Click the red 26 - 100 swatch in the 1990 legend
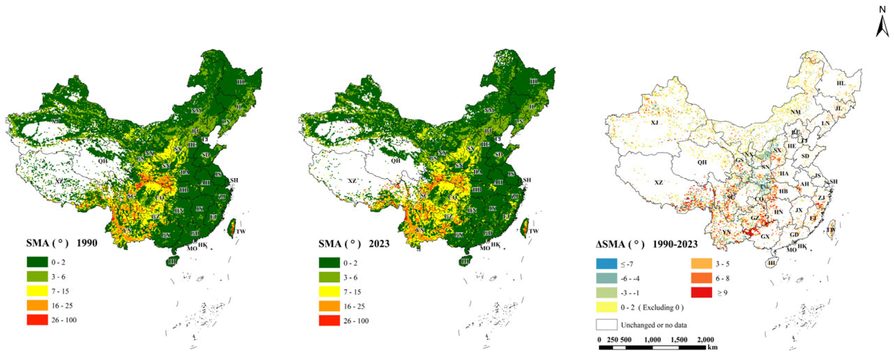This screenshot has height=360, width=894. [x=37, y=320]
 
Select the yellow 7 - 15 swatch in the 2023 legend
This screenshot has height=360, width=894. [x=329, y=292]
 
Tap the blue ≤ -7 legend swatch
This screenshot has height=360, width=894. [x=606, y=264]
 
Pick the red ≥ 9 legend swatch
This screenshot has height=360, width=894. [x=701, y=293]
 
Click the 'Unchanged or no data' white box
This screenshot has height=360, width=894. [x=606, y=325]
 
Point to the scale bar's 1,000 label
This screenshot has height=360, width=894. [x=652, y=340]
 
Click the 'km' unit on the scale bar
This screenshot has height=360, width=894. [x=712, y=347]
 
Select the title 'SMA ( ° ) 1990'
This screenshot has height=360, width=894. [x=61, y=243]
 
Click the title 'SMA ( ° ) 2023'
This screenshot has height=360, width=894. [x=354, y=244]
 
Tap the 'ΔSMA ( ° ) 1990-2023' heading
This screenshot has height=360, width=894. [x=646, y=244]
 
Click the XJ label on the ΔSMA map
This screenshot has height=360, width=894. [x=654, y=123]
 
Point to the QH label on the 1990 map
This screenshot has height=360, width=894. [x=102, y=161]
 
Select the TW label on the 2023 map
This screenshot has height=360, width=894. [x=534, y=231]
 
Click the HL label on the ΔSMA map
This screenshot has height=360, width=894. [x=840, y=83]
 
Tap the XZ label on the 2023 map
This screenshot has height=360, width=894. [x=352, y=181]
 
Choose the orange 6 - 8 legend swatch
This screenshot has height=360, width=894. [x=701, y=278]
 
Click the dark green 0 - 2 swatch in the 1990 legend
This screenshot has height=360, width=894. [x=37, y=262]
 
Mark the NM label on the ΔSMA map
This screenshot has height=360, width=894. [x=795, y=112]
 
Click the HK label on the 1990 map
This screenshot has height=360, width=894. [x=203, y=245]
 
